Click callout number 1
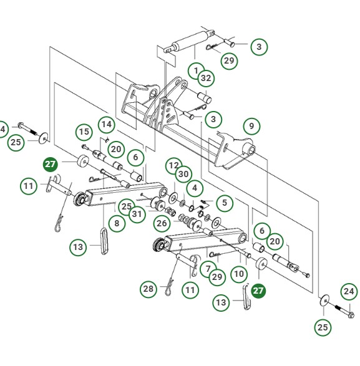click(x=196, y=70)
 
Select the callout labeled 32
click(x=207, y=78)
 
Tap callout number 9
click(x=251, y=125)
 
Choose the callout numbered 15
click(x=84, y=132)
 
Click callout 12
click(x=173, y=166)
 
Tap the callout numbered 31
click(x=139, y=213)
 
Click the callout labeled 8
click(x=115, y=222)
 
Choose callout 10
click(x=238, y=272)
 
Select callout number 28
click(x=148, y=289)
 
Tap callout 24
click(x=349, y=291)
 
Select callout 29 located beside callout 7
click(x=216, y=276)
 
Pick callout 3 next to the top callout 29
click(x=259, y=47)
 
